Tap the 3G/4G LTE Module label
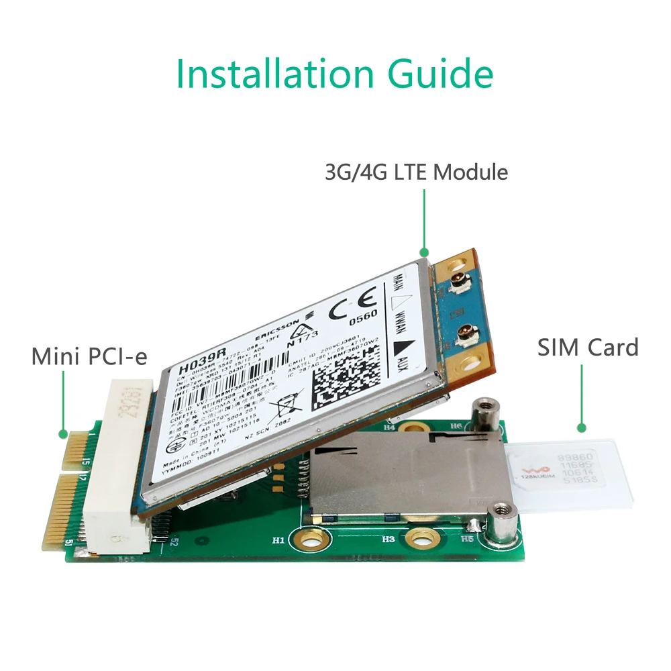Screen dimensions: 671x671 coord(416,172)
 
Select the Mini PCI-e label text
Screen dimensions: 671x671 coord(89,356)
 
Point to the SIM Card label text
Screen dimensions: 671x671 coord(588,348)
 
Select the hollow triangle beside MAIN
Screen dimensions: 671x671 coord(400,293)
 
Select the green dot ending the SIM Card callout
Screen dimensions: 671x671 coord(582,427)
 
